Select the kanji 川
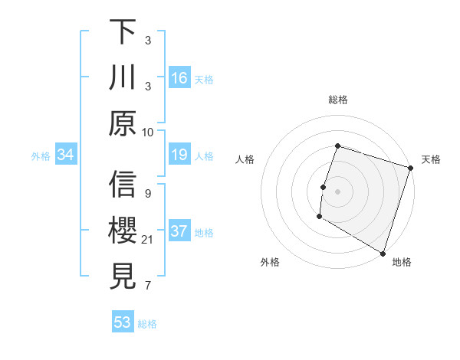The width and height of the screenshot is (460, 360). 123,77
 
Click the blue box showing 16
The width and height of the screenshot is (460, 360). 179,77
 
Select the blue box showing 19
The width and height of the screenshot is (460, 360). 179,155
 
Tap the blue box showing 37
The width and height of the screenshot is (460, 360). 179,231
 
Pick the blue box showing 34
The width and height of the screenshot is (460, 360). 66,155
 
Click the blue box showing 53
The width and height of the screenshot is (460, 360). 123,322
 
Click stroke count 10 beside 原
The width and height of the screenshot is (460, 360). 148,132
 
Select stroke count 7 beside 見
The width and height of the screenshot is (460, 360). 147,286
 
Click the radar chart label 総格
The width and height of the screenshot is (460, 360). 337,100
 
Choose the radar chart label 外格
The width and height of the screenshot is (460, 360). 270,263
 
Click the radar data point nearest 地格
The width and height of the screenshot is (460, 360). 382,253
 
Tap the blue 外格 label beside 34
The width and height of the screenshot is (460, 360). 41,156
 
